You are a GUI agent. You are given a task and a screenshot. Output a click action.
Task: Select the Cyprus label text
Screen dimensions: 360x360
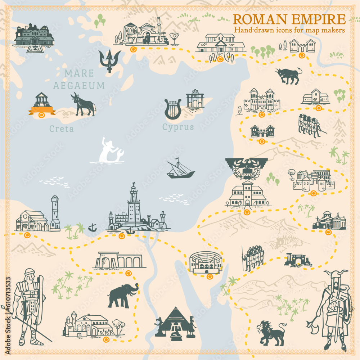178,127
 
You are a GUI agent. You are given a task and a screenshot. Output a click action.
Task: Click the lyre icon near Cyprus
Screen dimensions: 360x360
173,109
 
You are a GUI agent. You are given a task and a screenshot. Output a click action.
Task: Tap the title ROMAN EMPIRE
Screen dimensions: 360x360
289,19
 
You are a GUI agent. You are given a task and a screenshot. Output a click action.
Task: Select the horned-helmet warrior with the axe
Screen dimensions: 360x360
332,310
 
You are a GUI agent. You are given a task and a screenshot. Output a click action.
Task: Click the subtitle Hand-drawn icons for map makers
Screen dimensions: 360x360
289,30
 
